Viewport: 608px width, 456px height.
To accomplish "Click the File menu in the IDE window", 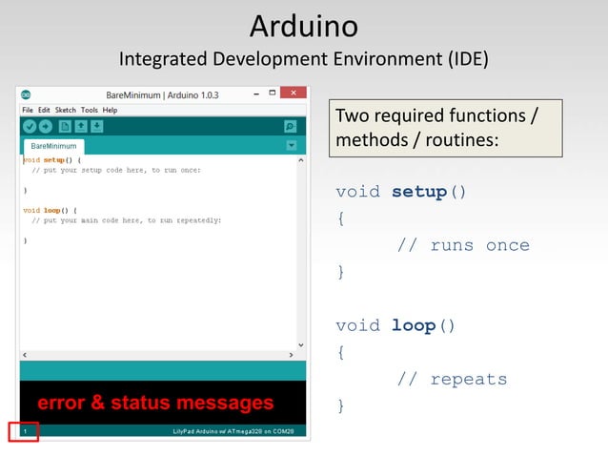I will [27, 110].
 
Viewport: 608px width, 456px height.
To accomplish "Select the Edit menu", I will [44, 110].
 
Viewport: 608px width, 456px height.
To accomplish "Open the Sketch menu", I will [65, 110].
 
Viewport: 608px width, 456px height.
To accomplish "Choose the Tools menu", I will [90, 110].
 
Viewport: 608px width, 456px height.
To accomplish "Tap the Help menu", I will [110, 110].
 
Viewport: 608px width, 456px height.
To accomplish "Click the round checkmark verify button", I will [30, 126].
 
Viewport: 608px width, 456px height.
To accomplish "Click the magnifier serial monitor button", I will [291, 126].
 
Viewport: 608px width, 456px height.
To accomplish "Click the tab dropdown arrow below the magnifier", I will [291, 146].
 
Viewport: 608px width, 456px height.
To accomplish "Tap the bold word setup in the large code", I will [418, 192].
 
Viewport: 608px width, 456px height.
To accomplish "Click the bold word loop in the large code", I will [413, 325].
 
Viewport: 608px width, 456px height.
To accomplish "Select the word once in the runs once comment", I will [507, 245].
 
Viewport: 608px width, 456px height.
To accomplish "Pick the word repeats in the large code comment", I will [469, 379].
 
